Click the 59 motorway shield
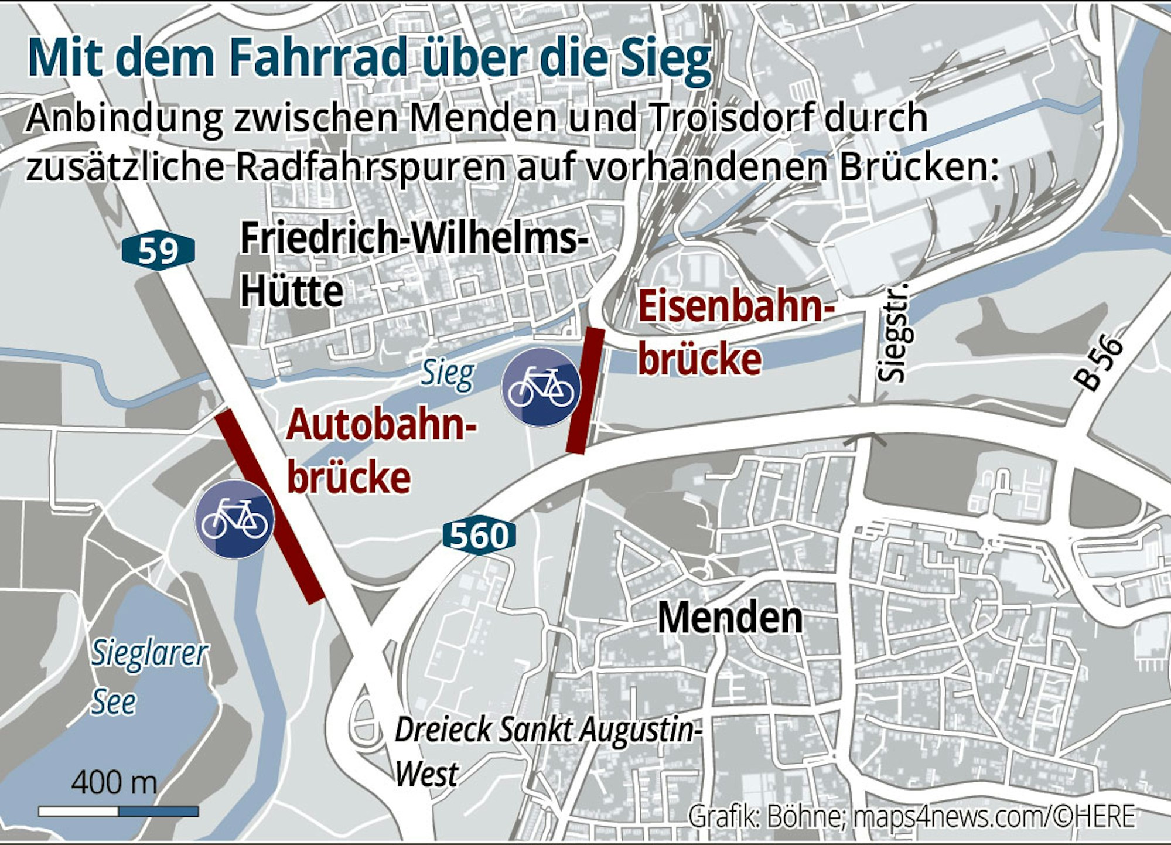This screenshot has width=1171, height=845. [x=158, y=251]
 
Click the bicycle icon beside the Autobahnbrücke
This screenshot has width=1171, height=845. [x=234, y=519]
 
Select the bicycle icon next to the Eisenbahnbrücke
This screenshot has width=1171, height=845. [x=541, y=387]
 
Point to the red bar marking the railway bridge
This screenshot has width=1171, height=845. [x=585, y=391]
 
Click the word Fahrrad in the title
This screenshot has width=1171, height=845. [x=318, y=57]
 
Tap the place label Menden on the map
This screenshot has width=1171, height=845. [x=730, y=618]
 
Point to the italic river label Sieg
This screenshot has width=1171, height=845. [x=448, y=374]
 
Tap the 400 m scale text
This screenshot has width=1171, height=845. [x=114, y=782]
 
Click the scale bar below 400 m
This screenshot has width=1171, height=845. [x=118, y=812]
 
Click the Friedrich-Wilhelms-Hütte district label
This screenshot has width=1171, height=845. [x=414, y=264]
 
